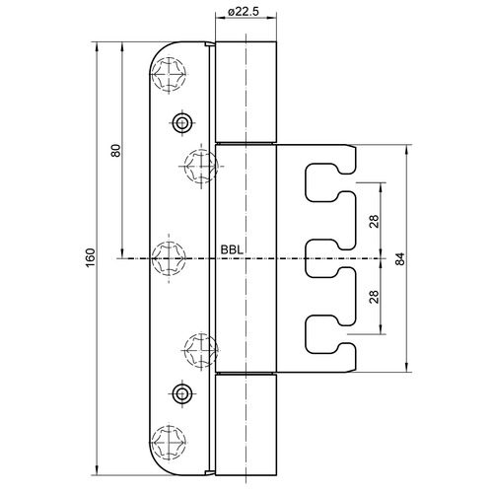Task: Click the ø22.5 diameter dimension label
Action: [244, 12]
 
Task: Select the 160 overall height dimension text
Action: [91, 257]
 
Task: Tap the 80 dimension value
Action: [116, 151]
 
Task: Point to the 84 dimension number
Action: [399, 259]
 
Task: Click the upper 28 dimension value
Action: [374, 221]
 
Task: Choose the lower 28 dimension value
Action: [374, 297]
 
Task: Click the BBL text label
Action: [232, 250]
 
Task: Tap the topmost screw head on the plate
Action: [169, 74]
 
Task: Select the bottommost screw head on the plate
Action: [169, 442]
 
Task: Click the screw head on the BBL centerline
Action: [169, 258]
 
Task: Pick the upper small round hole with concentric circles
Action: [181, 123]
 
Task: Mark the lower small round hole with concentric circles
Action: [181, 393]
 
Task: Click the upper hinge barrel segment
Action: [246, 92]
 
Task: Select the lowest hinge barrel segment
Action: [246, 425]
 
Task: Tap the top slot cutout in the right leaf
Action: [306, 182]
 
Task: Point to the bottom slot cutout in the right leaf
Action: [306, 335]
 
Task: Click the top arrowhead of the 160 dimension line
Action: [97, 46]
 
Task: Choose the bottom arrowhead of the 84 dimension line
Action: [407, 368]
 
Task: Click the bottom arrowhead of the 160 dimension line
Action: [97, 470]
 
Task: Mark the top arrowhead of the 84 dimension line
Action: [407, 150]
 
